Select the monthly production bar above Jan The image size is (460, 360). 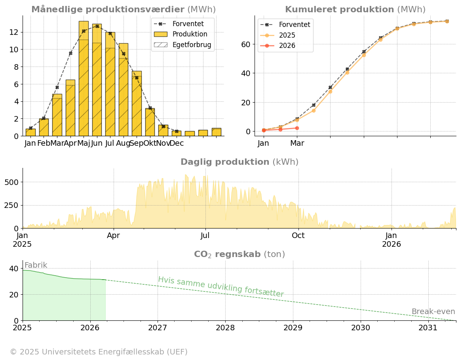click(x=30, y=132)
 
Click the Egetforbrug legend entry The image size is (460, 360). click(x=183, y=45)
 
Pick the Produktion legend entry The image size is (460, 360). click(x=183, y=34)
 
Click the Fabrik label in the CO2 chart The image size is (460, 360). click(x=36, y=265)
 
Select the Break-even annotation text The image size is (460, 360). click(x=433, y=312)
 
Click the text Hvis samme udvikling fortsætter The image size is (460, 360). click(x=221, y=287)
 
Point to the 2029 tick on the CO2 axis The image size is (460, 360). click(x=293, y=328)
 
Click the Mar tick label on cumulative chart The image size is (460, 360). click(x=297, y=143)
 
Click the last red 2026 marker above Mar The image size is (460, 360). click(x=297, y=128)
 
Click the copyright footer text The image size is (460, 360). click(x=99, y=352)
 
